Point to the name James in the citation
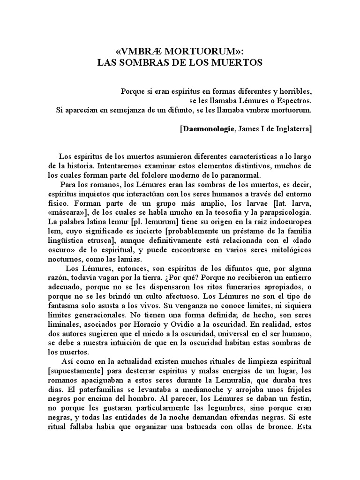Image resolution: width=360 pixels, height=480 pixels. (250, 129)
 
